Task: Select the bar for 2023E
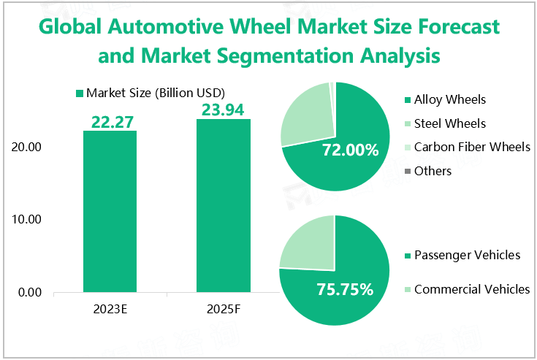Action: (110, 212)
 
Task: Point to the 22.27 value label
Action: (110, 122)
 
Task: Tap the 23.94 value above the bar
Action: (223, 110)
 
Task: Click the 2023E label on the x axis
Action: (110, 310)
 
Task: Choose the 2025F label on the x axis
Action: (223, 310)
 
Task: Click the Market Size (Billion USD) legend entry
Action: (150, 93)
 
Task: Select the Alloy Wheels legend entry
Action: (449, 99)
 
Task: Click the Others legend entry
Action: (433, 171)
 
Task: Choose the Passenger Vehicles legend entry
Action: (466, 255)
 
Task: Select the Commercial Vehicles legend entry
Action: (471, 289)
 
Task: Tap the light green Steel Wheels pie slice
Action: (305, 113)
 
